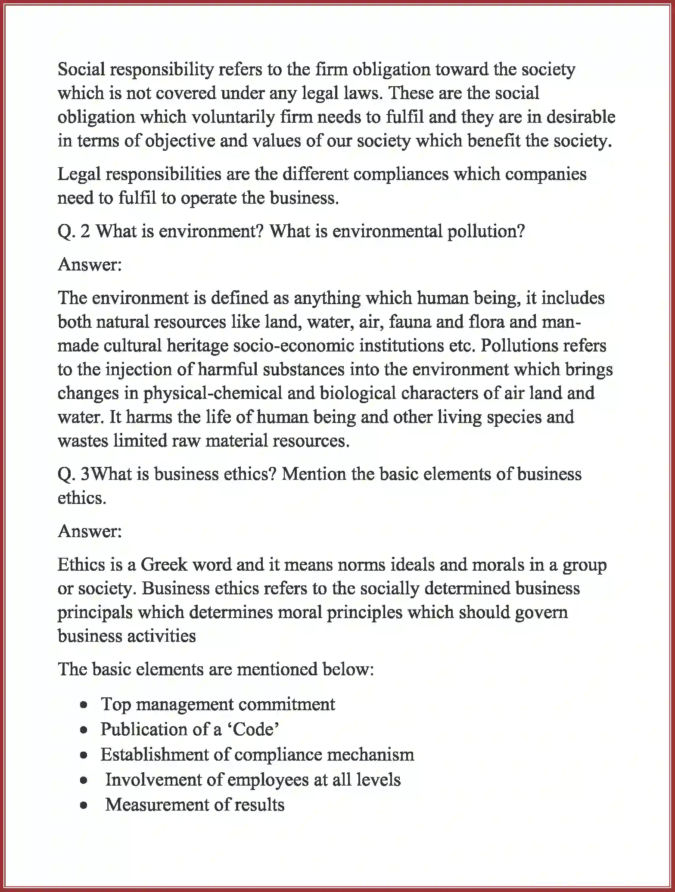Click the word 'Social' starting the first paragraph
coord(81,69)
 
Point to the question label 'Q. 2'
coord(74,232)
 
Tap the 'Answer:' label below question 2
coord(90,264)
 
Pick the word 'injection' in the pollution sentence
coord(140,370)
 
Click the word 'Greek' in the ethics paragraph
coord(164,565)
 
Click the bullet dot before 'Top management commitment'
coord(84,705)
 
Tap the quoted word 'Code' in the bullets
coord(253,729)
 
